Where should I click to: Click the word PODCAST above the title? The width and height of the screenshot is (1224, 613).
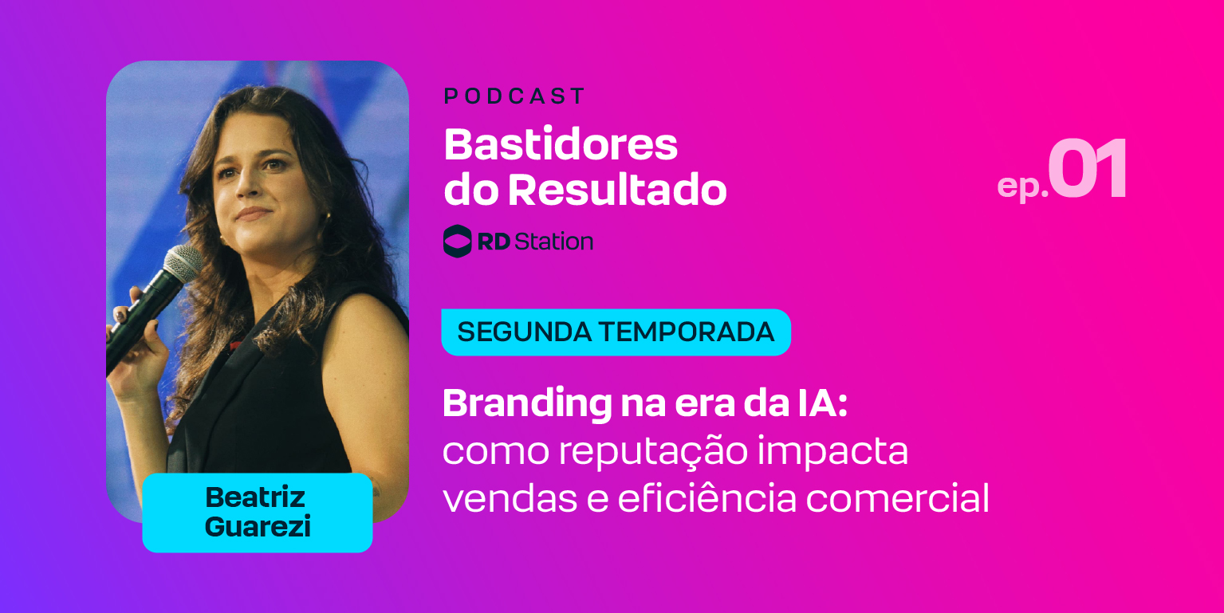point(514,97)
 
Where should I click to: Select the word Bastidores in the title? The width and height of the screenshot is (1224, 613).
point(561,145)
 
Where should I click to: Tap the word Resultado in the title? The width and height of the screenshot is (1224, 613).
point(617,191)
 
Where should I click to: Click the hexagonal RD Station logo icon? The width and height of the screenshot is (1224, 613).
point(457,241)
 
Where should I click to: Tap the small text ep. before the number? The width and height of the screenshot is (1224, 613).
point(1021,185)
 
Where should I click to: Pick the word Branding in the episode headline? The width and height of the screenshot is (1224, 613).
point(525,404)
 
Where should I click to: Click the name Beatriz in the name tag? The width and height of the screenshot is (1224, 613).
point(255,497)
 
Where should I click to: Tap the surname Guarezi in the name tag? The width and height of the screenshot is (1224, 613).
point(258,527)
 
